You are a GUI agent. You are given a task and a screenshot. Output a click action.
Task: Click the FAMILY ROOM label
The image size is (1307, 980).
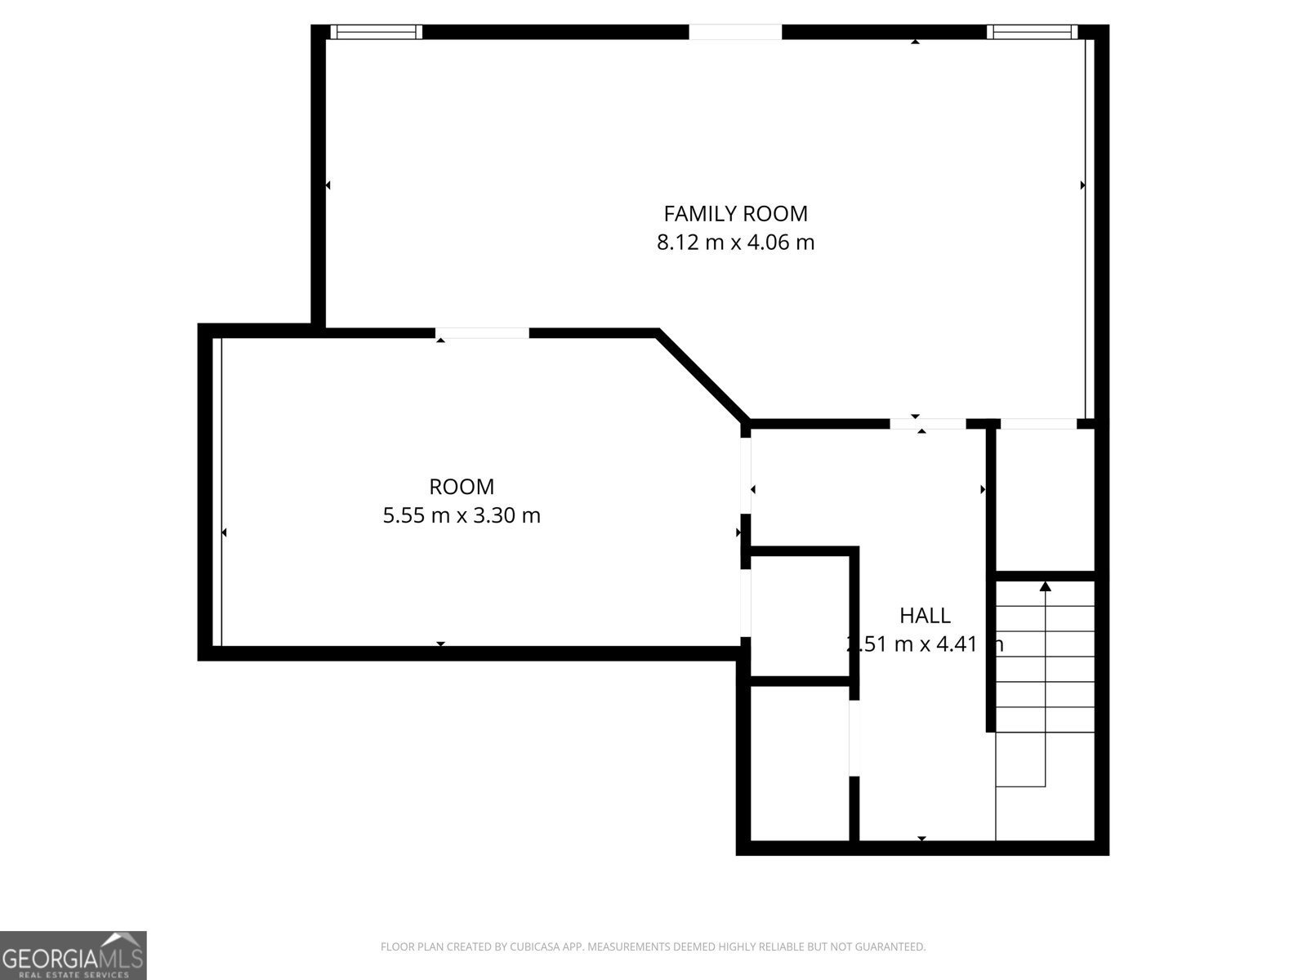[x=735, y=214]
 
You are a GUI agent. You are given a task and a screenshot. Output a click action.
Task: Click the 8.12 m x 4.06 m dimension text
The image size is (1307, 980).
[x=735, y=243]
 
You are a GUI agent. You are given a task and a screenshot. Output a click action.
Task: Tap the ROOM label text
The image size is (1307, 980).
[x=462, y=487]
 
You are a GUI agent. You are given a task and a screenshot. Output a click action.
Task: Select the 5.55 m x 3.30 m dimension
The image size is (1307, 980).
[x=462, y=515]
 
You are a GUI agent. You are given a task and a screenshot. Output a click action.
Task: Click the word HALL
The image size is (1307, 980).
[x=925, y=616]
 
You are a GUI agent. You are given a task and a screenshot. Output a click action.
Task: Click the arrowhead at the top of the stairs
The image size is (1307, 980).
[x=1045, y=586]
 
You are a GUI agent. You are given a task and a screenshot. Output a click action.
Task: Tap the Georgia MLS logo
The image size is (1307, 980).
[x=73, y=955]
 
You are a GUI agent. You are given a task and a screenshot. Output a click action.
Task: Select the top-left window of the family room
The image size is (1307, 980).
[x=377, y=32]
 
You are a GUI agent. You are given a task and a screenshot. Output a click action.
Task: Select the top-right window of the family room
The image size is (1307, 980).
[x=1032, y=32]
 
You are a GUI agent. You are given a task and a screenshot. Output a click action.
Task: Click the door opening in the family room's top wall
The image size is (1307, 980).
[x=735, y=32]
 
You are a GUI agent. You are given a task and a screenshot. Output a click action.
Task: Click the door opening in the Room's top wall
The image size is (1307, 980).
[x=482, y=332]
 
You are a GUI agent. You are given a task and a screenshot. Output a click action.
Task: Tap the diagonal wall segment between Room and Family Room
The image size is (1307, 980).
[x=703, y=376]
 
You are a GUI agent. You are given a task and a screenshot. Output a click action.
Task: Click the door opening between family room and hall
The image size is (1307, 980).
[x=927, y=424]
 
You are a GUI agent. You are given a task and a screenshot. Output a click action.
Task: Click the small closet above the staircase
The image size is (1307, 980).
[x=1045, y=498]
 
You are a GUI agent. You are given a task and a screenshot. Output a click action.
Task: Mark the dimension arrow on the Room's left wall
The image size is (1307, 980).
[x=224, y=532]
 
